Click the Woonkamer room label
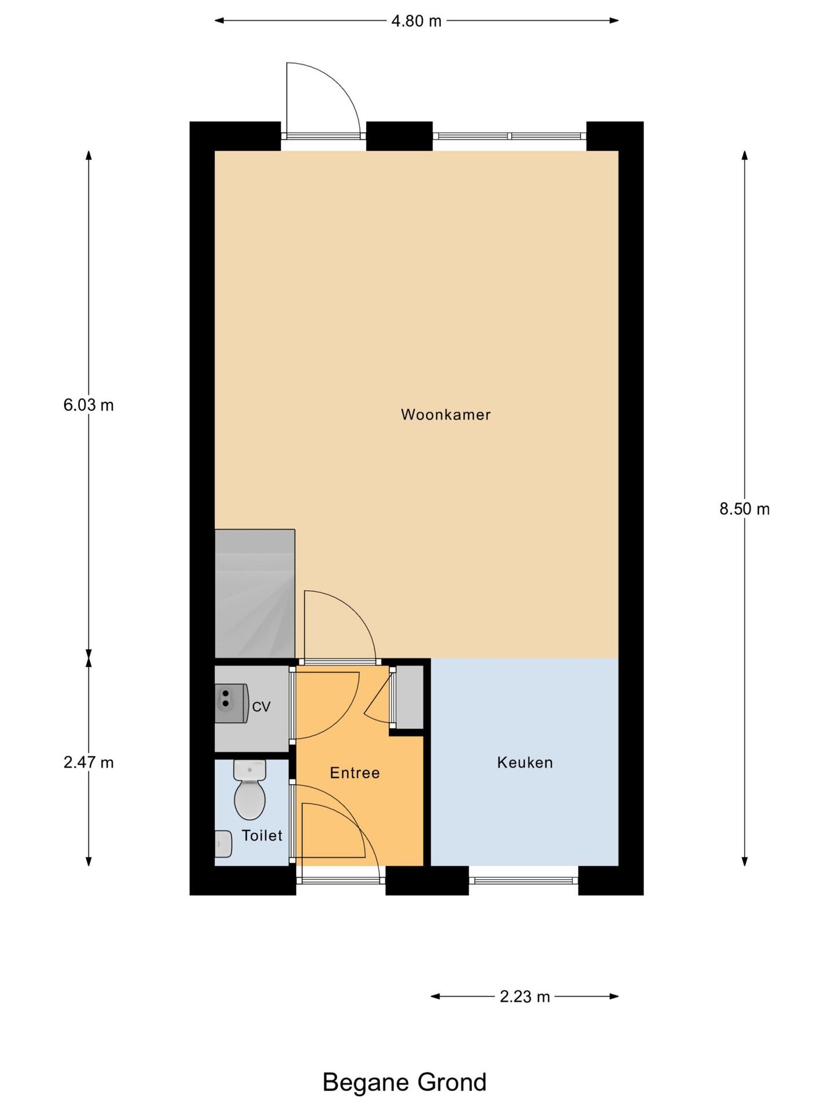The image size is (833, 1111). [445, 414]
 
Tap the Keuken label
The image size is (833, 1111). [525, 763]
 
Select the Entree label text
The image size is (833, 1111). [355, 772]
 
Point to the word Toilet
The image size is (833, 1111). [262, 835]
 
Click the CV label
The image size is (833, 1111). [261, 707]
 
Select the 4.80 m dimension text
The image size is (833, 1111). [417, 21]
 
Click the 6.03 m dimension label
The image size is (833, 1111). [89, 405]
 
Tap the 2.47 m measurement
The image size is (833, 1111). [89, 763]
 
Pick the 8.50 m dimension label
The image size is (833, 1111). [744, 509]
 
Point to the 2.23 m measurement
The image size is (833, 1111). [525, 996]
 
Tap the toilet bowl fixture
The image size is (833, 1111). [250, 790]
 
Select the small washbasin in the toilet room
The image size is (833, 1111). [223, 844]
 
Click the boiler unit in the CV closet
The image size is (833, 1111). [231, 704]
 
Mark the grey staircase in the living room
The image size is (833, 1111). [255, 594]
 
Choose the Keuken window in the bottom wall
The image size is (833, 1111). [524, 881]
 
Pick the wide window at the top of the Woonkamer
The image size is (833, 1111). [510, 136]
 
